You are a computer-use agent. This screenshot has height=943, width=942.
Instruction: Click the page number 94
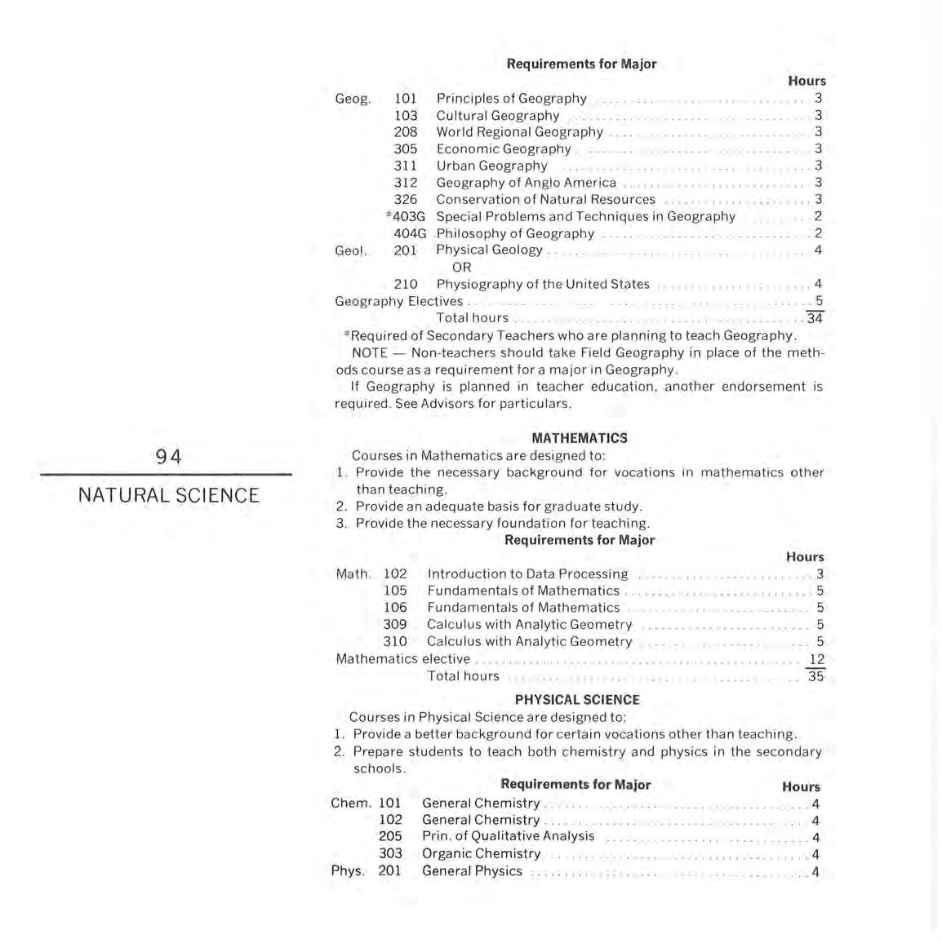click(168, 457)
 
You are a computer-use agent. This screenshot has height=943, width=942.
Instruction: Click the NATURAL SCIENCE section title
click(168, 495)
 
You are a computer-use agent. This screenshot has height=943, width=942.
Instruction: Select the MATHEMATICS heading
click(580, 438)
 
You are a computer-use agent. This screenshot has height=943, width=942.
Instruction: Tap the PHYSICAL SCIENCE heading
click(577, 700)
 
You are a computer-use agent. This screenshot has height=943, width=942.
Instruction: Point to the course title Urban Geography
click(491, 166)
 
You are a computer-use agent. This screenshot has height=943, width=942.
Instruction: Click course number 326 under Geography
click(405, 200)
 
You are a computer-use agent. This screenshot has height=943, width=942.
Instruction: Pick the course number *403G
click(406, 217)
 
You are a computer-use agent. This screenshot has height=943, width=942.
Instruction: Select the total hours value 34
click(815, 318)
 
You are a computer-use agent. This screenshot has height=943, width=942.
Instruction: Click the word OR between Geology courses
click(461, 268)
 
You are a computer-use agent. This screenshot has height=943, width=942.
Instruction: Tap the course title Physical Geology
click(489, 250)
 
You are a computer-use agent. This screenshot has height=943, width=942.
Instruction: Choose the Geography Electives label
click(398, 301)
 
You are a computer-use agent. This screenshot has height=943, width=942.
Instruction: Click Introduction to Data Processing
click(527, 574)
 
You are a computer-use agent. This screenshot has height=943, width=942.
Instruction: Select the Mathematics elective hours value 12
click(816, 659)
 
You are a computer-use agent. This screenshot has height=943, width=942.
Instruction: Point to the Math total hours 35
click(815, 676)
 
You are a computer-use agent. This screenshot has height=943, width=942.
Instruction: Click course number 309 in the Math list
click(395, 625)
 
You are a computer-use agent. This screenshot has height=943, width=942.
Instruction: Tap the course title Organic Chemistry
click(481, 854)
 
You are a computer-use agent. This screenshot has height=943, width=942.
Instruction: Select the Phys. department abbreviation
click(347, 871)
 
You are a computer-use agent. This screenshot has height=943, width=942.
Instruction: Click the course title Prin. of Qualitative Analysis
click(508, 837)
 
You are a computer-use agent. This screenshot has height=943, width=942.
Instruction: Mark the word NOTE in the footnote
click(369, 353)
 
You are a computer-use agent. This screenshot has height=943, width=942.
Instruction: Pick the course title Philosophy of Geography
click(515, 234)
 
